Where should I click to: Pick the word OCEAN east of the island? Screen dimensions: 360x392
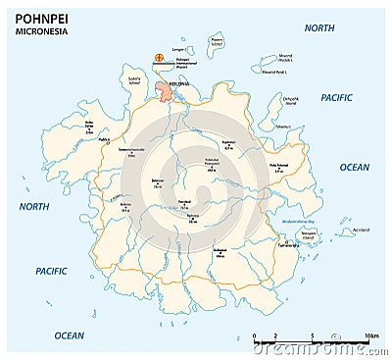354,167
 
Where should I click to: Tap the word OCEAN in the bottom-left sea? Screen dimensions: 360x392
69,334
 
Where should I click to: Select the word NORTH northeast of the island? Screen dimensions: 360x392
318,28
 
